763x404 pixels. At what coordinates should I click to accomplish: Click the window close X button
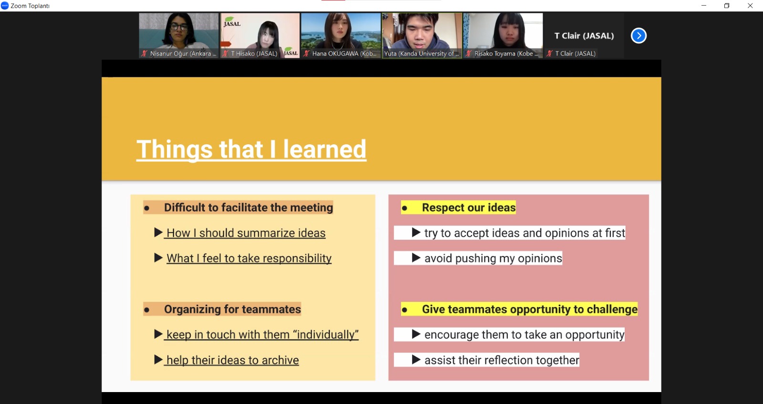(x=750, y=5)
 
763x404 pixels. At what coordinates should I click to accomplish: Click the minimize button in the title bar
(x=704, y=5)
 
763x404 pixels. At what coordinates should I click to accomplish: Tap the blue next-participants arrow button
(x=639, y=35)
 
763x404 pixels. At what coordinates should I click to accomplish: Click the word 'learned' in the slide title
(x=325, y=149)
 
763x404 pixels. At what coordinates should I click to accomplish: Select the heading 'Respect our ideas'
(x=469, y=207)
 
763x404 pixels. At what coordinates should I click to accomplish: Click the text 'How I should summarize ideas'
(x=246, y=233)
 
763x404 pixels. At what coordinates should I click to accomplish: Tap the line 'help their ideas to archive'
(x=233, y=361)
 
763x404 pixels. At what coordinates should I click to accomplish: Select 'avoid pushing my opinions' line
(x=493, y=258)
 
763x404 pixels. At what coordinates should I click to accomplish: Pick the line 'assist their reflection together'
(x=502, y=360)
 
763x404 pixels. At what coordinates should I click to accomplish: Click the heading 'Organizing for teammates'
(x=232, y=309)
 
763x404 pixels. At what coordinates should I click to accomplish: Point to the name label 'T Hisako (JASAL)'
(x=254, y=53)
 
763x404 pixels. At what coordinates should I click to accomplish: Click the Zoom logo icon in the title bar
(x=5, y=6)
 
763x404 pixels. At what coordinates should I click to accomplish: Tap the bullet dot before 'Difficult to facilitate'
(x=146, y=208)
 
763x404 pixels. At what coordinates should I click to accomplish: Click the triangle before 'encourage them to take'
(x=416, y=334)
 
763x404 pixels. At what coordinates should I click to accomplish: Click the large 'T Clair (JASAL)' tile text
(x=584, y=36)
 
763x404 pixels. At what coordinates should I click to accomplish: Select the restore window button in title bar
(x=727, y=5)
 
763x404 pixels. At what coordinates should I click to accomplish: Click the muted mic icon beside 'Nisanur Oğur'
(x=144, y=53)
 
